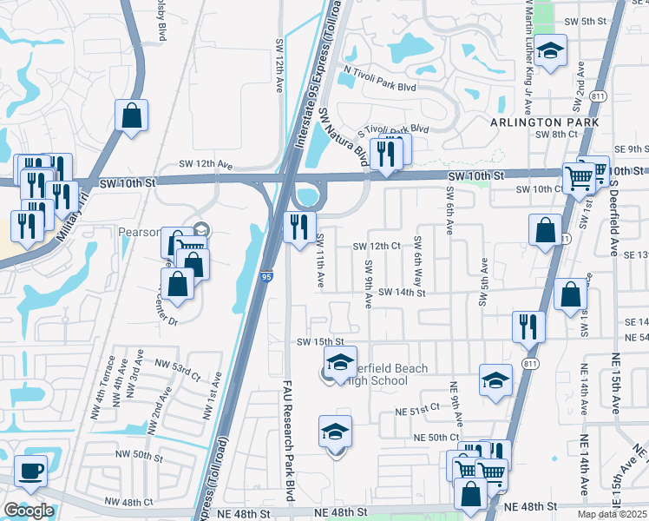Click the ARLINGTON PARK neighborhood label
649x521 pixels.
pyautogui.click(x=545, y=123)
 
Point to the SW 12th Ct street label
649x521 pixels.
pyautogui.click(x=377, y=247)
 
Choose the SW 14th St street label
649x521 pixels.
pyautogui.click(x=401, y=293)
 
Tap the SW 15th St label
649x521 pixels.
pyautogui.click(x=321, y=342)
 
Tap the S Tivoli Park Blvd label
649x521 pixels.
pyautogui.click(x=399, y=129)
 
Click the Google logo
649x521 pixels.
pyautogui.click(x=28, y=511)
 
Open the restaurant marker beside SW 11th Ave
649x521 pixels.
pyautogui.click(x=298, y=228)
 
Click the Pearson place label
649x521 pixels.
pyautogui.click(x=139, y=233)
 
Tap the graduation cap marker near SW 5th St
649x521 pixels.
pyautogui.click(x=550, y=51)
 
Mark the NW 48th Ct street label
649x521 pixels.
pyautogui.click(x=128, y=502)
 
